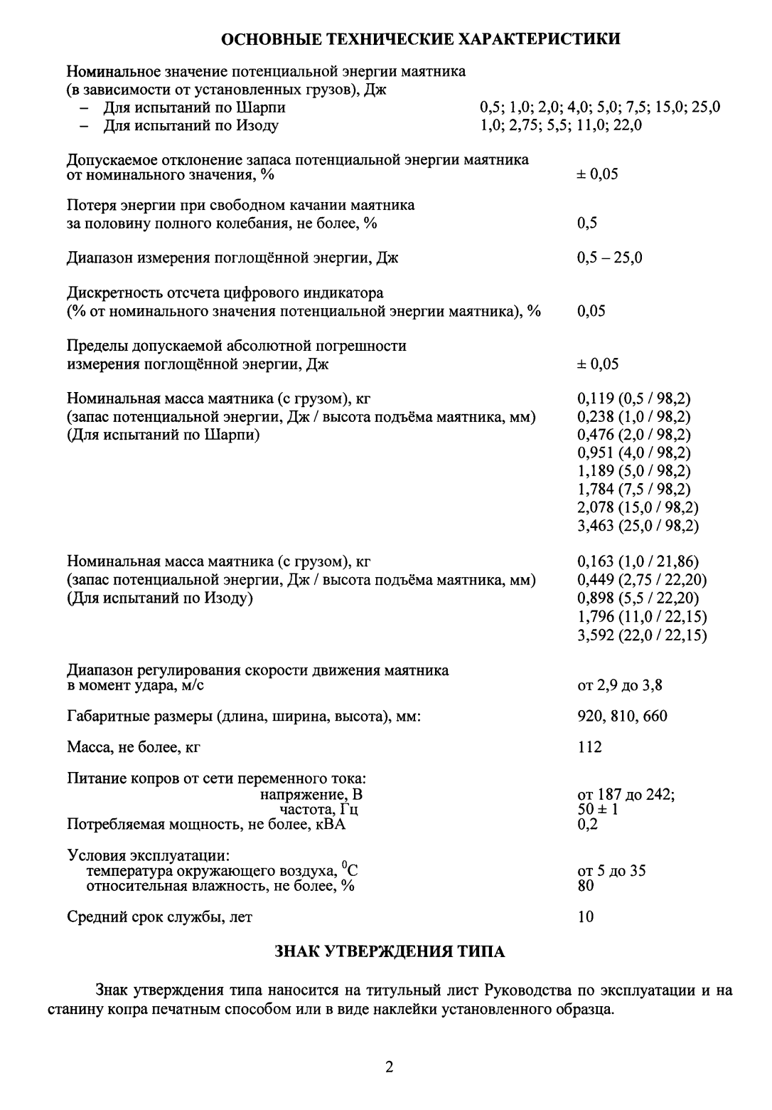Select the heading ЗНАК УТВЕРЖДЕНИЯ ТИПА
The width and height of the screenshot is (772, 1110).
coord(390,952)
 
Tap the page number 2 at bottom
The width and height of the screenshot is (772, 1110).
coord(389,1067)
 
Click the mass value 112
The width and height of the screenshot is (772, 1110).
coord(589,746)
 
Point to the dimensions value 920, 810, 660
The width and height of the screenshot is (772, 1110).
coord(622,716)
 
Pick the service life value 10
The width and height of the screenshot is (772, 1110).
coord(585,916)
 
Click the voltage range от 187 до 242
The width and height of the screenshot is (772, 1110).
coord(626,795)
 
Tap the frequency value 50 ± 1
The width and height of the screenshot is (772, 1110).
coord(598,810)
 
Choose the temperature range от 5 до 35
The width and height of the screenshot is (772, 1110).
coord(611,871)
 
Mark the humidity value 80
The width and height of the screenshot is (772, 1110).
coord(585,886)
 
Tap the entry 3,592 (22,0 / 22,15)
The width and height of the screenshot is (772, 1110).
coord(642,635)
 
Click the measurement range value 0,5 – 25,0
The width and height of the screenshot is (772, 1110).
coord(609,258)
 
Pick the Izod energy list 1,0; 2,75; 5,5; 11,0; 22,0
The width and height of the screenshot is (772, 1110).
coord(561,126)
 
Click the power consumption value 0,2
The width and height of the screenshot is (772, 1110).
coord(587,825)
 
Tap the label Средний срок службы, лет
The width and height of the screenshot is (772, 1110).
coord(159,916)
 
